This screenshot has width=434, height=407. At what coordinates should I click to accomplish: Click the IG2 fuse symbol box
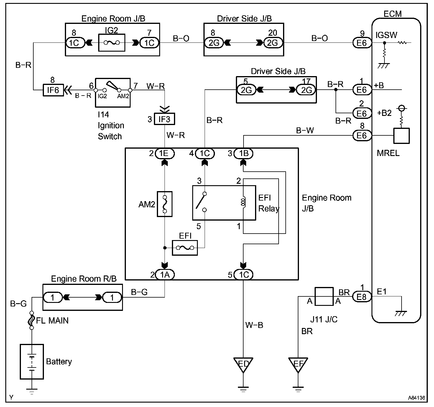coord(111,42)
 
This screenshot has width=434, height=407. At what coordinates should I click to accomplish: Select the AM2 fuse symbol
coord(165,204)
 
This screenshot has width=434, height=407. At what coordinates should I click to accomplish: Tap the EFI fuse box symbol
coord(185,248)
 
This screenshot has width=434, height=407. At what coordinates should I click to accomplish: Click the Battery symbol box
coord(32,361)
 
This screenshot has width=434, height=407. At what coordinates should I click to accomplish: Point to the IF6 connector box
coord(53,90)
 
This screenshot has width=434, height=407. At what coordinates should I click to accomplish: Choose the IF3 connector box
coord(165,119)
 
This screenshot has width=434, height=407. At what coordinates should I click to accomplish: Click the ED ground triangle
coord(243,364)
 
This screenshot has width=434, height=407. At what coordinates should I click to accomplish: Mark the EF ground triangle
coord(298,364)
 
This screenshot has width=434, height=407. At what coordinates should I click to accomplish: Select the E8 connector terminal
coord(361,297)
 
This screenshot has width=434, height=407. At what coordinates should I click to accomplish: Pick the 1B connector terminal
coord(244,153)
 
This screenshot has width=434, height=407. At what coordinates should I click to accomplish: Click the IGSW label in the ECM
coord(386,35)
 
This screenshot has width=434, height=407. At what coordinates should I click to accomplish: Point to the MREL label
coord(388,153)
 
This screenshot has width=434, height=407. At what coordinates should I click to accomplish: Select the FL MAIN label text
coord(52,320)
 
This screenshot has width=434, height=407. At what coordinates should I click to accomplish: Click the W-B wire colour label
coord(254,325)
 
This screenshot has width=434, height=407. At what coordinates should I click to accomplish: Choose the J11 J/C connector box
coord(324,296)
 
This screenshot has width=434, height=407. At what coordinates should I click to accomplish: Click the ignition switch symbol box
coord(113,92)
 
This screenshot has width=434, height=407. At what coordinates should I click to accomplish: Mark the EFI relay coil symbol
coord(243,202)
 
